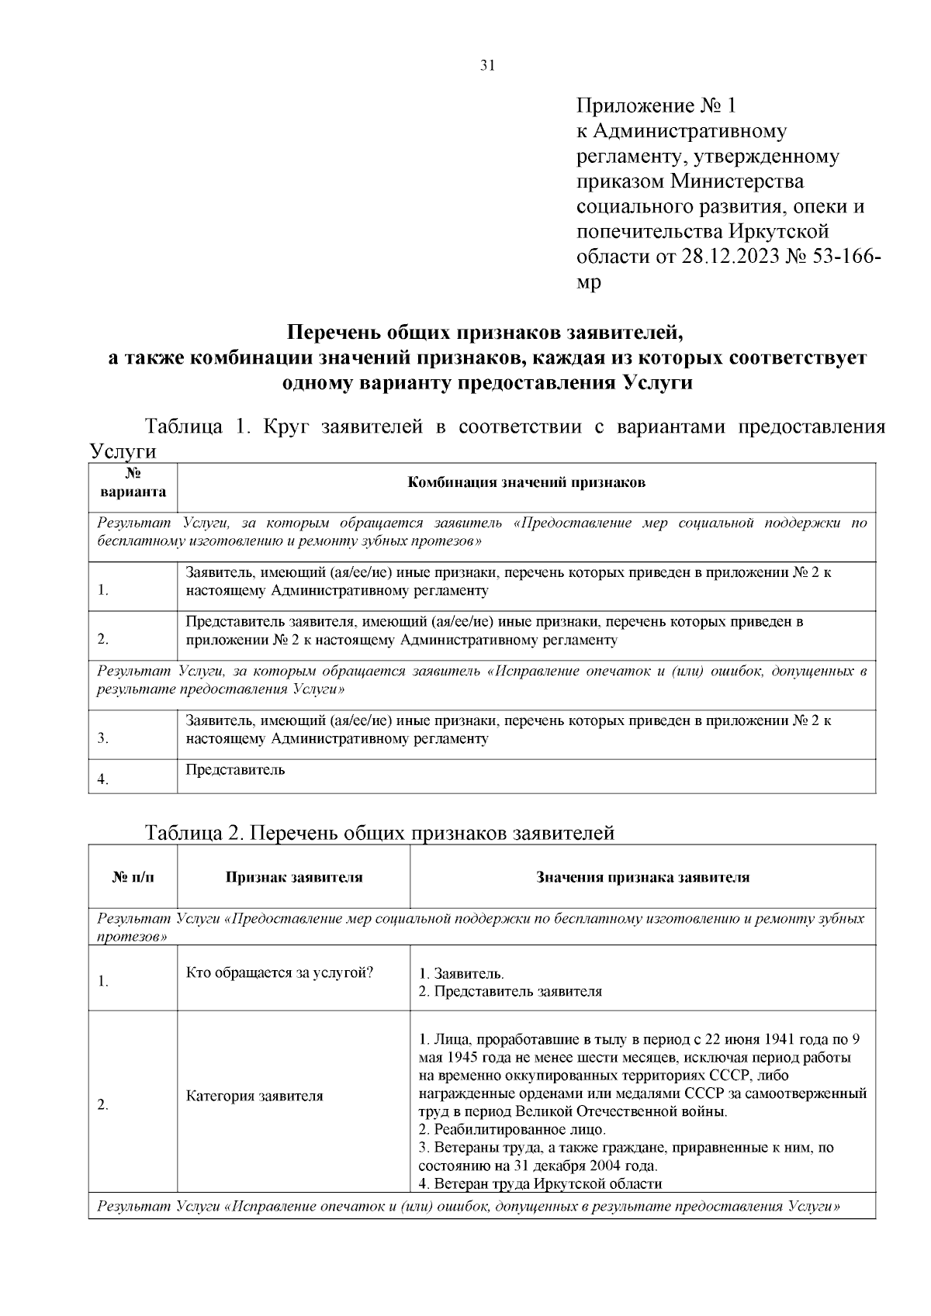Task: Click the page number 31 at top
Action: point(487,65)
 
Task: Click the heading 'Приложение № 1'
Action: point(660,105)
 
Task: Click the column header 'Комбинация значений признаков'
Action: point(527,482)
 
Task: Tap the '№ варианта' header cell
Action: point(133,482)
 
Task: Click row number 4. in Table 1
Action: point(103,780)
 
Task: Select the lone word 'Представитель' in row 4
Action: point(235,770)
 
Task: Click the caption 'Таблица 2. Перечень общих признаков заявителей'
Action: point(380,833)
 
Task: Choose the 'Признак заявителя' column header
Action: point(294,878)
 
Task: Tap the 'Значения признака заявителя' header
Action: point(643,878)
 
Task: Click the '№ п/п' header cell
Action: point(133,878)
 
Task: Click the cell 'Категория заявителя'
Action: point(254,1096)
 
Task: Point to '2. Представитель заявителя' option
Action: point(510,991)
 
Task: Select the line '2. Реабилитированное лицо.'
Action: point(512,1129)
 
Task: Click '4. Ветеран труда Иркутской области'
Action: point(540,1183)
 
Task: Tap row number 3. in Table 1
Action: point(103,738)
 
